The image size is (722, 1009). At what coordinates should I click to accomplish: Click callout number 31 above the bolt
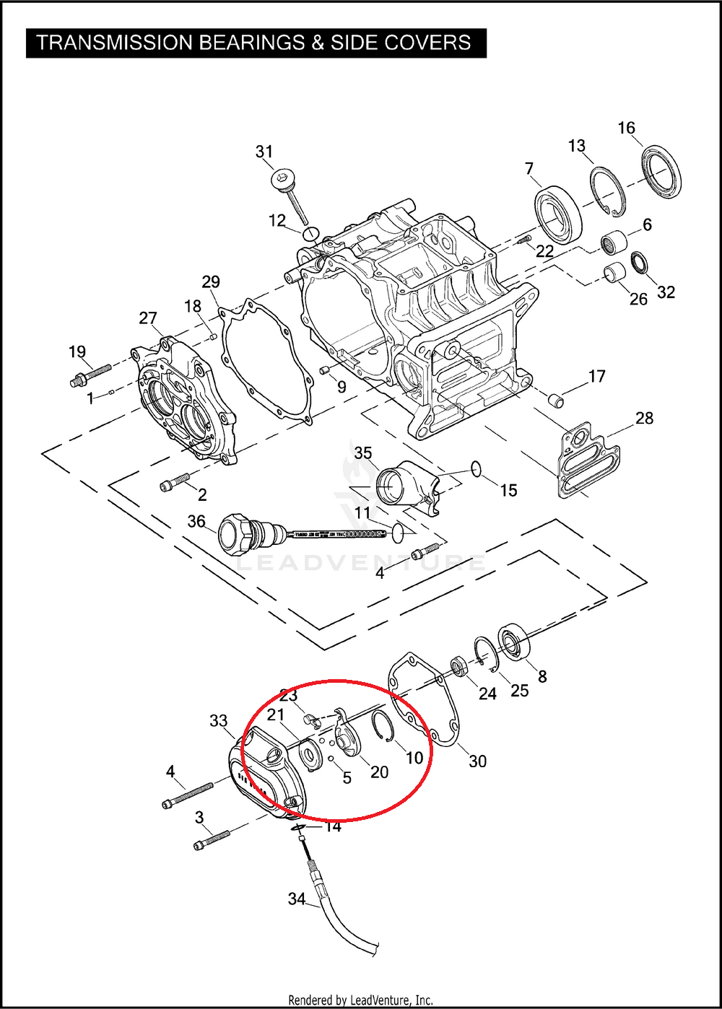click(264, 152)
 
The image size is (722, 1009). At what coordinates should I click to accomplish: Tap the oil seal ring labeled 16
click(661, 171)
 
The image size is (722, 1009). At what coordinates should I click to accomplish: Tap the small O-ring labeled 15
click(475, 469)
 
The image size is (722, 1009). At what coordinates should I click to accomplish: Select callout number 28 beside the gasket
click(644, 418)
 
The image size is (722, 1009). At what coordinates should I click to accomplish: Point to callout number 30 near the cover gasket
click(478, 760)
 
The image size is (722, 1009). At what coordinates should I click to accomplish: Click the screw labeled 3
click(212, 839)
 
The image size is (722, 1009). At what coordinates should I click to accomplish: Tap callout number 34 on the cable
click(297, 899)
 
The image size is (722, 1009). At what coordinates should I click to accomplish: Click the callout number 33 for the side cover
click(219, 720)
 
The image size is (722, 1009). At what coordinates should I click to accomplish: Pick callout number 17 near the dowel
click(596, 376)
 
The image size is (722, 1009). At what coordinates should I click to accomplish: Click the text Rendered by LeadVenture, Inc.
click(360, 1000)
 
